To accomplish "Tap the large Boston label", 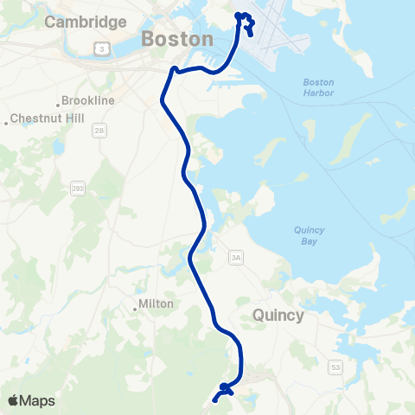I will (x=176, y=39).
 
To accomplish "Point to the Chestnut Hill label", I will (x=41, y=118).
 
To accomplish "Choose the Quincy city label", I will (x=278, y=316).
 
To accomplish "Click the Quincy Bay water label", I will (x=309, y=236).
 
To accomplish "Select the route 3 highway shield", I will (x=103, y=49).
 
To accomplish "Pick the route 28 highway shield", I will (x=99, y=130).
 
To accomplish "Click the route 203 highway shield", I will (x=80, y=188).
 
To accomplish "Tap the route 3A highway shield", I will (x=236, y=257).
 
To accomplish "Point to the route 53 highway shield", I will (x=335, y=368).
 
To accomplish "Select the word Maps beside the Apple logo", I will (x=38, y=400).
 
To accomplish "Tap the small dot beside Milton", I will (x=136, y=305).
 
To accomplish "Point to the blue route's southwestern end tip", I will (x=214, y=399).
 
